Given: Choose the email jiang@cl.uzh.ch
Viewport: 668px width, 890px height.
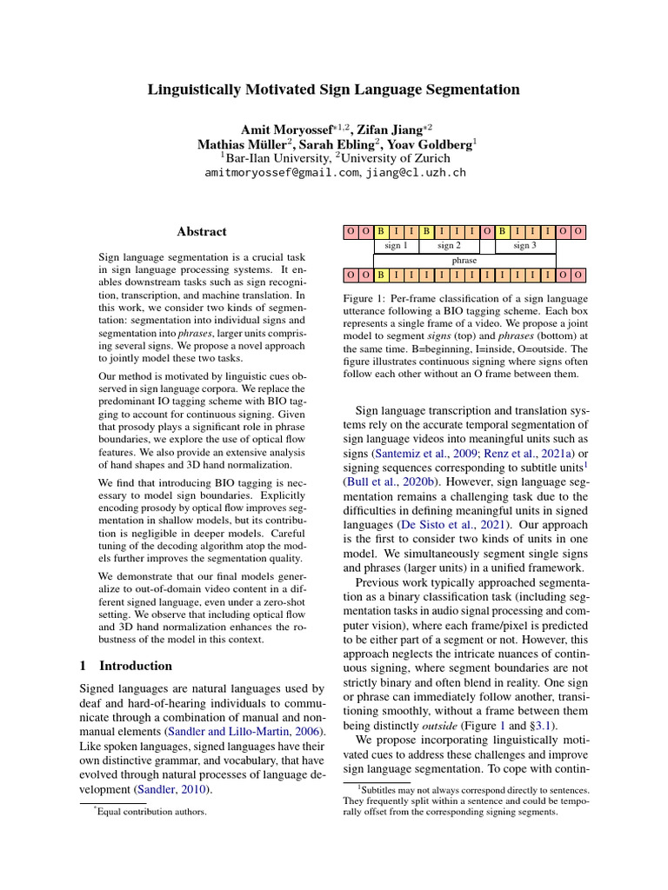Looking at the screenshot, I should (416, 173).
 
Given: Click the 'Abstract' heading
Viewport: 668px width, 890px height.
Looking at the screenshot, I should (201, 232).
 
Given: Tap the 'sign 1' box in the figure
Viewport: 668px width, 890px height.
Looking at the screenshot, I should (396, 246).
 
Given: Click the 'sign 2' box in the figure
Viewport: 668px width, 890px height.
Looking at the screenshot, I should (450, 246).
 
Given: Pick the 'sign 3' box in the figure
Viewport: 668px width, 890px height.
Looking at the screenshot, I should (524, 246).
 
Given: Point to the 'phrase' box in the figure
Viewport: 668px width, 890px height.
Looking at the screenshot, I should (464, 261).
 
